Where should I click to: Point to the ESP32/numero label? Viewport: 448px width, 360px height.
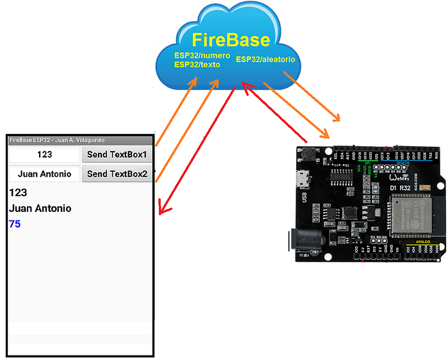[202, 56]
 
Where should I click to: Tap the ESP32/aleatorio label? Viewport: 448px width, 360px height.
[265, 59]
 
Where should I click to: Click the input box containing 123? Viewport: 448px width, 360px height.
[44, 155]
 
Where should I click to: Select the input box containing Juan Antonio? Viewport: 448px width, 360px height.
[44, 174]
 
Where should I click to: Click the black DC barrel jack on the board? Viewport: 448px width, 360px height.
[301, 243]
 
